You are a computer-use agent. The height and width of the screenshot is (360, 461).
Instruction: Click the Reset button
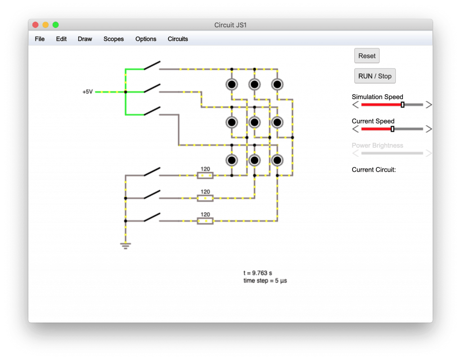pos(366,55)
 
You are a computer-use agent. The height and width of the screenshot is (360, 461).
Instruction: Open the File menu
pos(40,39)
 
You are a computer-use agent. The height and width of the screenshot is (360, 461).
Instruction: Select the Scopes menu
pos(113,39)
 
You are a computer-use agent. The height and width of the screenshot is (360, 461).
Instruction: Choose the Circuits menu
pos(177,39)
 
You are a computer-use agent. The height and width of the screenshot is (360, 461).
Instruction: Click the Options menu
pos(145,39)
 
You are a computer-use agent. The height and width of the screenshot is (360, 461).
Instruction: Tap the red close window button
pos(36,25)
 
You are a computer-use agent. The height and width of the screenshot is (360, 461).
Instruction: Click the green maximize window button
pos(55,25)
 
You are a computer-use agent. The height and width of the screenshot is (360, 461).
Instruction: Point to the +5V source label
pos(88,92)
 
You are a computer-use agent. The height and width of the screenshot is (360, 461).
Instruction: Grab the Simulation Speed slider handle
pos(402,105)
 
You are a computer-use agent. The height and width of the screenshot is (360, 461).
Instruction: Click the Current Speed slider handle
pos(392,129)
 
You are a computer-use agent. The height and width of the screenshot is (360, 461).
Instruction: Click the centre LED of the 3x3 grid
pos(254,122)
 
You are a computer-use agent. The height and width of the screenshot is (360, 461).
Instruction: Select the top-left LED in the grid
pos(232,85)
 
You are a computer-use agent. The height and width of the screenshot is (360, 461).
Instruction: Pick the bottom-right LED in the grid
pos(277,160)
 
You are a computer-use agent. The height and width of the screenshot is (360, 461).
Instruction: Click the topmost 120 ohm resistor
pos(205,175)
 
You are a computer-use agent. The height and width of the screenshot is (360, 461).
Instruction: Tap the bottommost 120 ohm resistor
pos(205,221)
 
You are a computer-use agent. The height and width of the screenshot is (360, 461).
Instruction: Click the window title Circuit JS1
pos(230,25)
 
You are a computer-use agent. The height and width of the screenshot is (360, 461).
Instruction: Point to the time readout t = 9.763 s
pos(258,273)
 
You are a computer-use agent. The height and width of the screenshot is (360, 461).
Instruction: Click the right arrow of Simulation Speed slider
pos(429,105)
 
